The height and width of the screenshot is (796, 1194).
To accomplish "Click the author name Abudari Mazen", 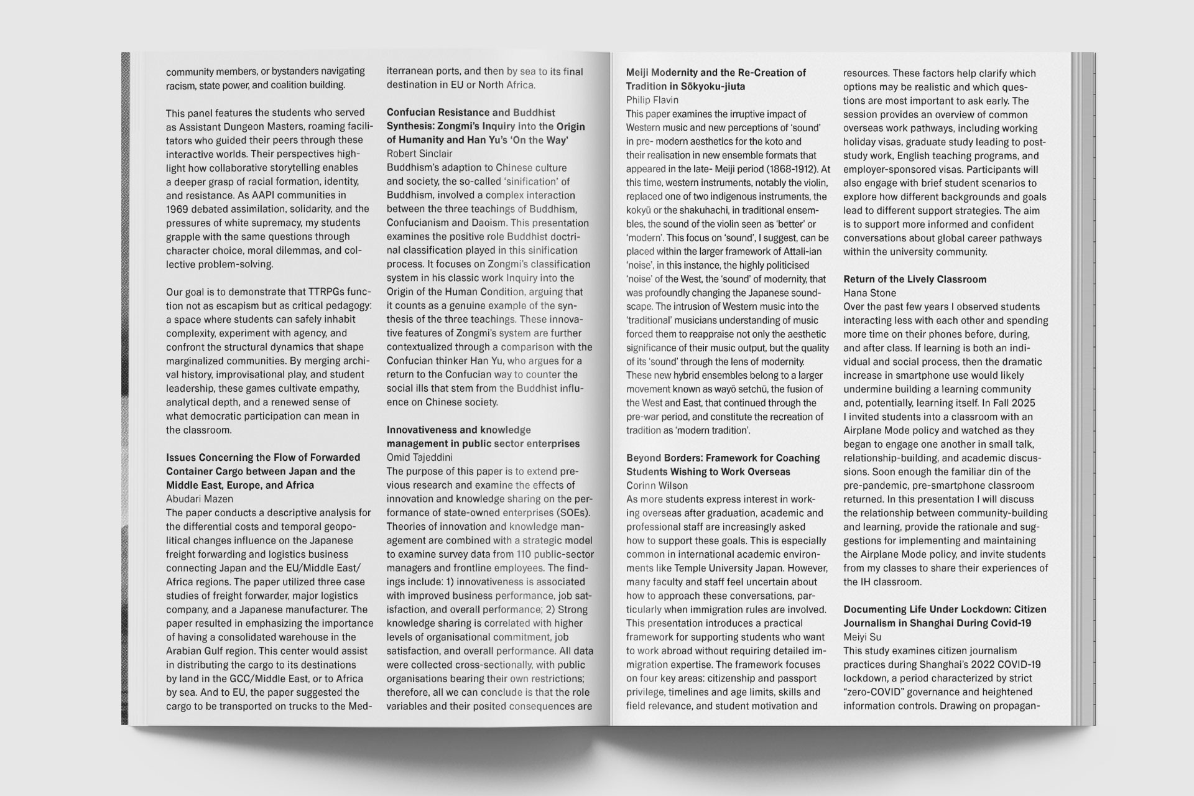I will pos(199,499).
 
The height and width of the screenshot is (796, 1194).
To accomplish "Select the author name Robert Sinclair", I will pos(419,154).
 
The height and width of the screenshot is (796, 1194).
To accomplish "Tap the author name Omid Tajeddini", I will pos(419,458).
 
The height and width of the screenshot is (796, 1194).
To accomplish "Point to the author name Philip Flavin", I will pos(652,100).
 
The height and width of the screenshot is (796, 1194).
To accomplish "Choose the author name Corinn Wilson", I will pos(658,486).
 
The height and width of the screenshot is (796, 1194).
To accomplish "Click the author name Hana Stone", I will pos(869,293).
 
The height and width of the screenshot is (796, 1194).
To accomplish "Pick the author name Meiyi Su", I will pos(862,637).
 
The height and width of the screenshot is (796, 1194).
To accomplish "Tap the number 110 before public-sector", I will pos(524,554).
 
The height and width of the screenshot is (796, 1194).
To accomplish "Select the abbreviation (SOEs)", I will pos(571,513).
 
